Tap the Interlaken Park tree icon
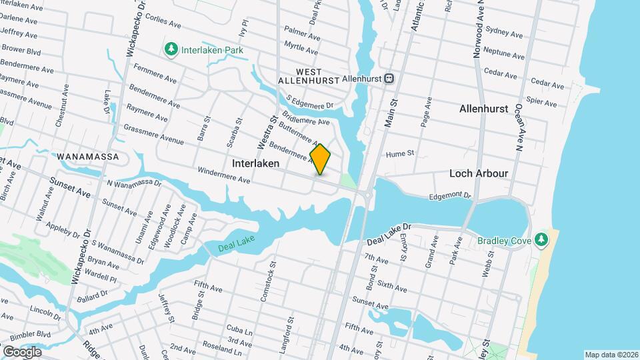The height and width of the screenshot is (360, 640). (171, 49)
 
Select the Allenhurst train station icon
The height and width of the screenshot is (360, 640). (389, 78)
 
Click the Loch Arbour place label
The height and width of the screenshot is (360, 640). (479, 173)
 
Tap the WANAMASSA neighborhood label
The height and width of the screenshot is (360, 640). (87, 157)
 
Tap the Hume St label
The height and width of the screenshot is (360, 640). (400, 153)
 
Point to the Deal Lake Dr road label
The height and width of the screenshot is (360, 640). (389, 231)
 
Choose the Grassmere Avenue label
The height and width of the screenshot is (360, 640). (153, 135)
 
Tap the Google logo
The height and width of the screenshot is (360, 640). (22, 352)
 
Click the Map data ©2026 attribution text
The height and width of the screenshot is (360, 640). (611, 355)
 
